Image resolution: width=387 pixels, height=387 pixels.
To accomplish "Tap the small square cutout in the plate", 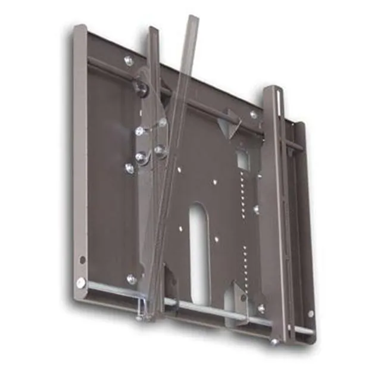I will click(x=242, y=160).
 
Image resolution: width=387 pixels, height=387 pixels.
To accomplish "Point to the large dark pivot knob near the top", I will click(x=141, y=88).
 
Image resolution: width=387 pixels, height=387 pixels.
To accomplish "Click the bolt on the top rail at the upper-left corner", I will click(x=129, y=60).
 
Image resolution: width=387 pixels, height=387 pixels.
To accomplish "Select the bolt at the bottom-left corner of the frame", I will click(x=81, y=283).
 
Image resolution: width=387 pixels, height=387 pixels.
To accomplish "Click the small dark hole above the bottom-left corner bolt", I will click(x=82, y=260).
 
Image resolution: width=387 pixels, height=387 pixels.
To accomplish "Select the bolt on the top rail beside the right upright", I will click(x=254, y=114).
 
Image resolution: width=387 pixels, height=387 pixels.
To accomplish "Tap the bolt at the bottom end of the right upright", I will click(x=274, y=341).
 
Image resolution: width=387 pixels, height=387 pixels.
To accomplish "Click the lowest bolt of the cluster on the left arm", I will click(x=130, y=168).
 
